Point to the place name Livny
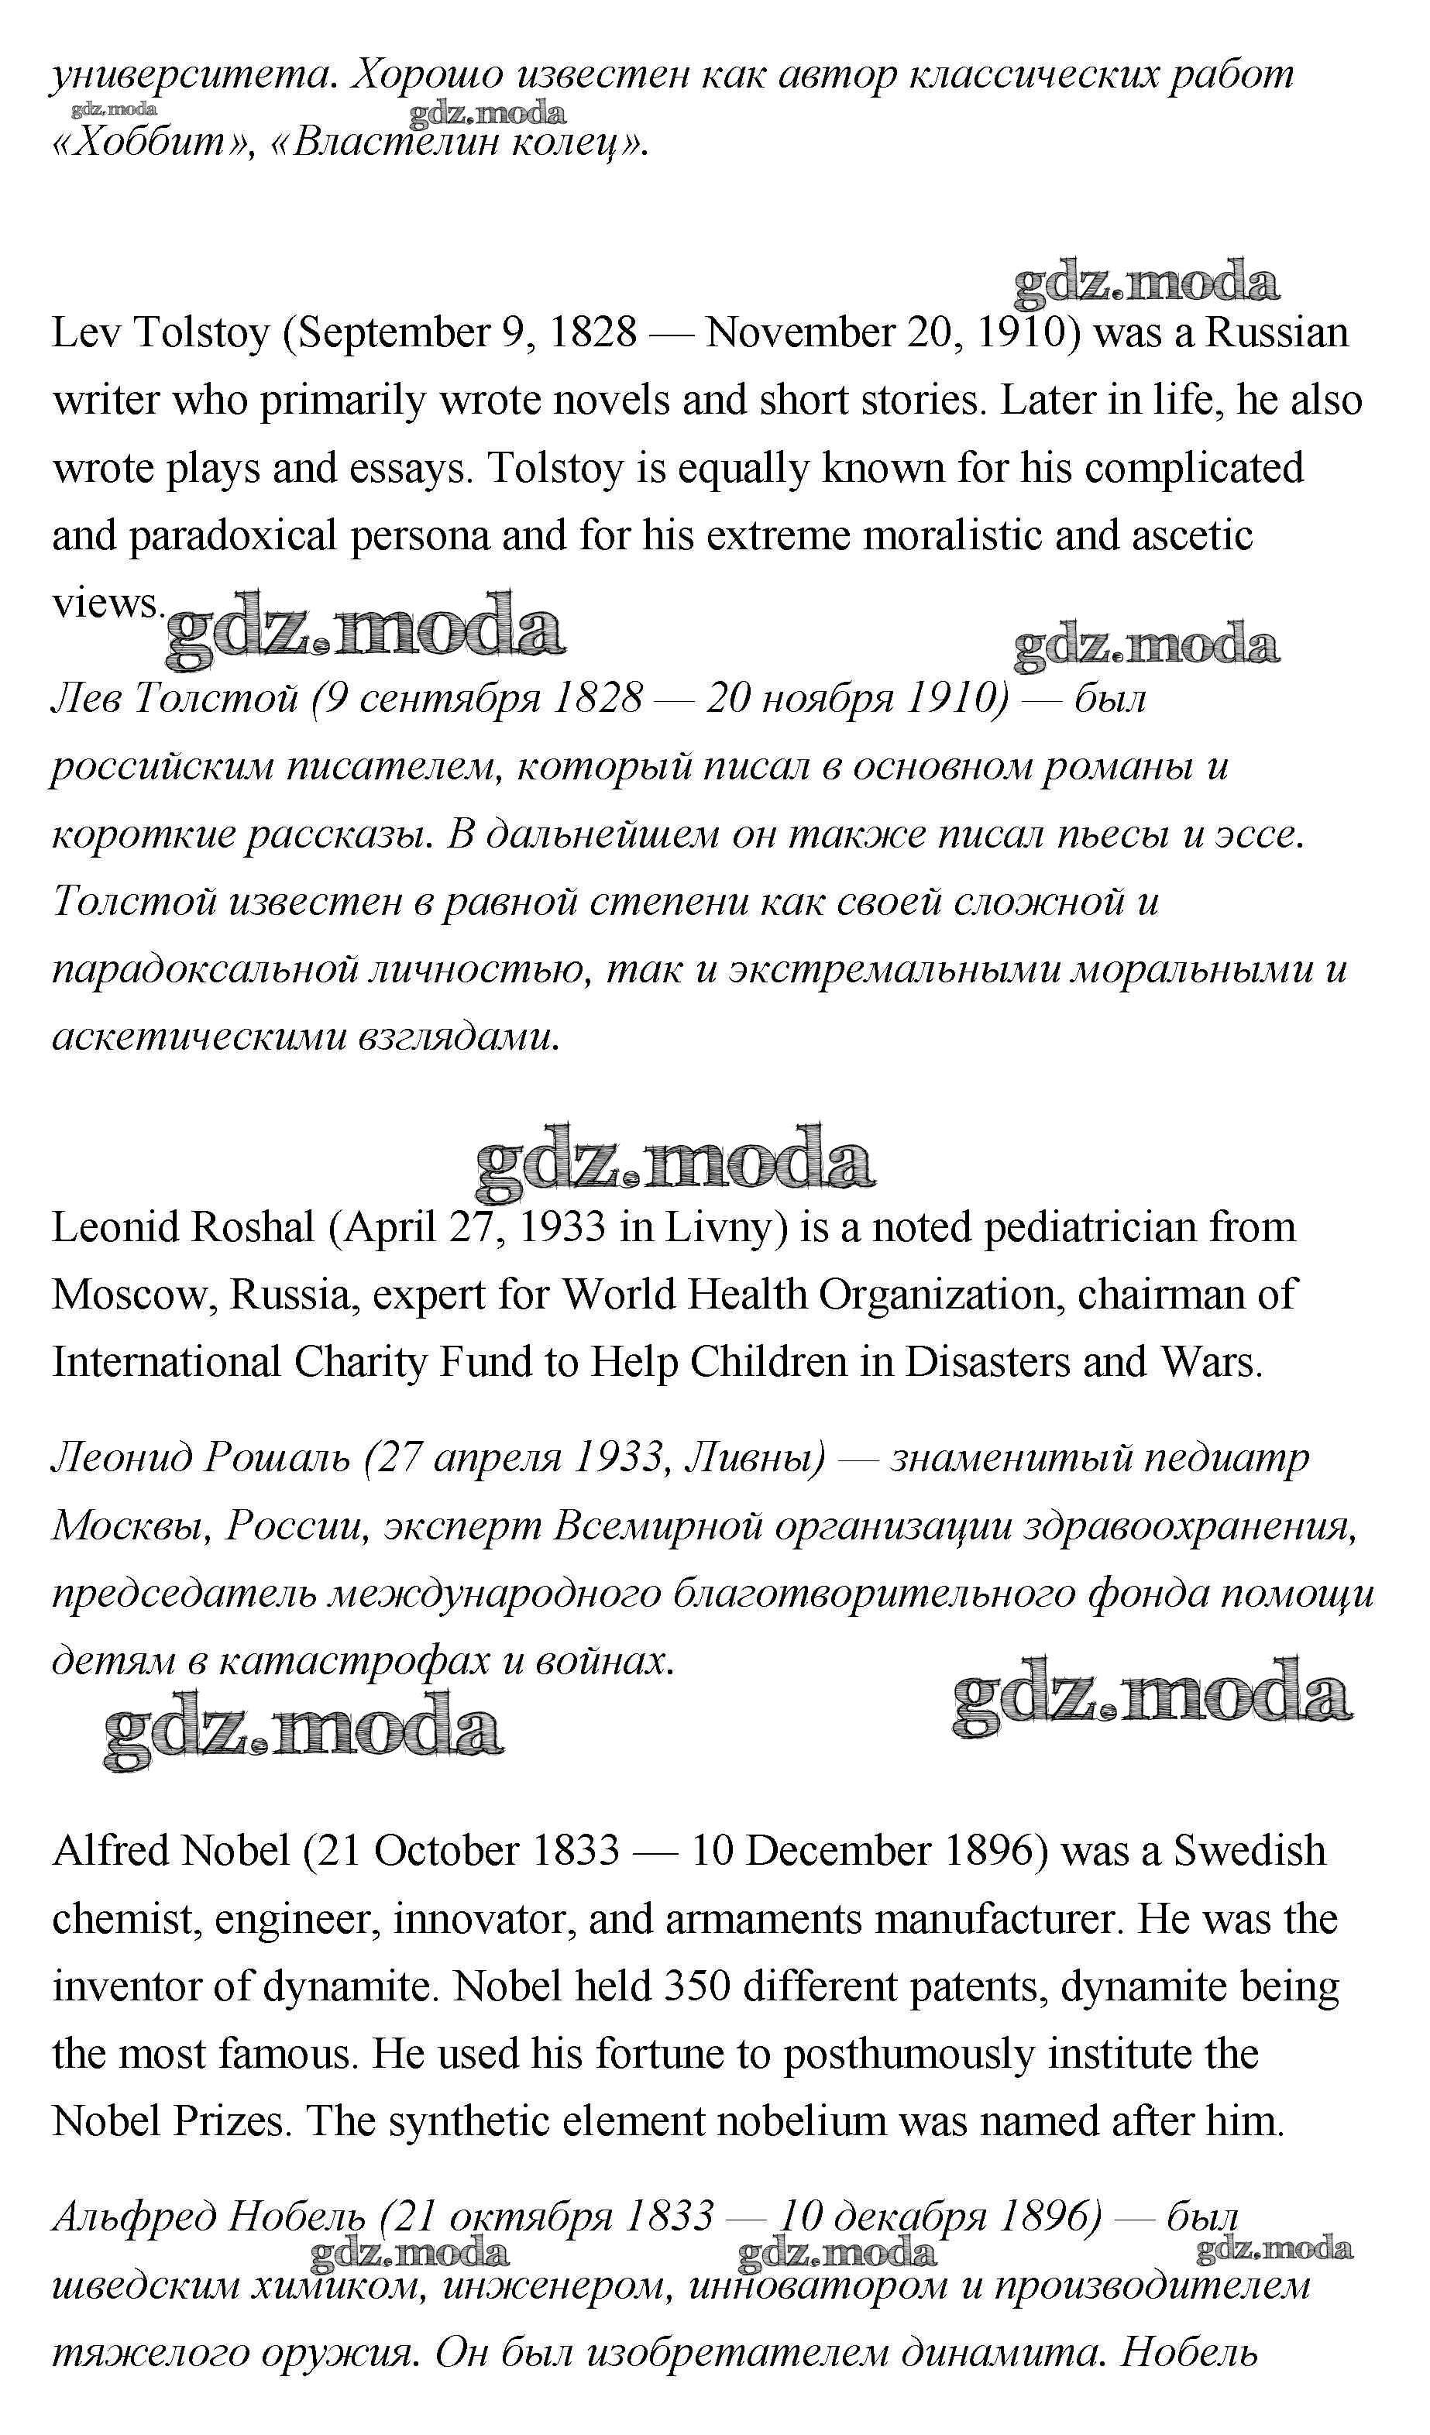724,1228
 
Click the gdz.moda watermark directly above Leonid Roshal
675,1160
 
